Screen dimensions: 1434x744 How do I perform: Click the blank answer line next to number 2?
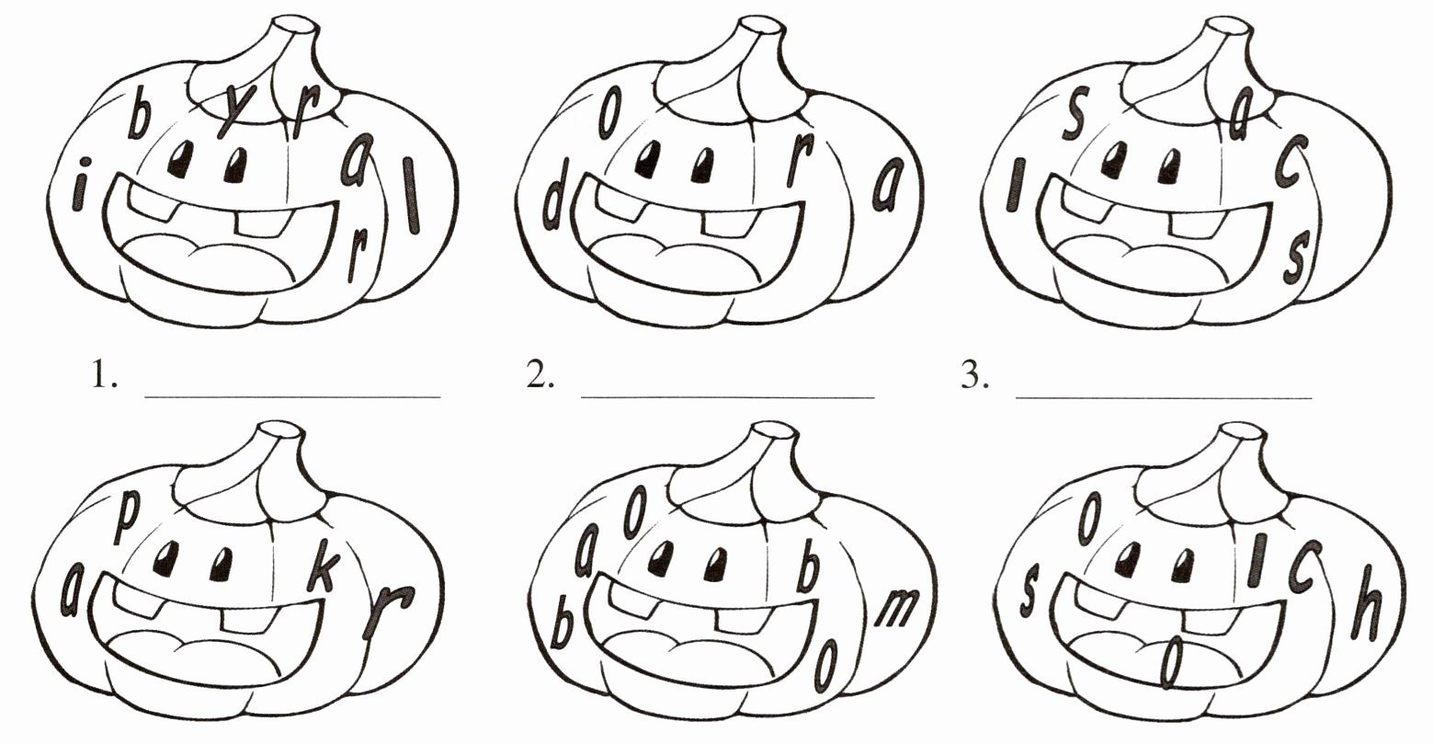(x=728, y=397)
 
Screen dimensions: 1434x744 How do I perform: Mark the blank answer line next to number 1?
(x=292, y=397)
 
